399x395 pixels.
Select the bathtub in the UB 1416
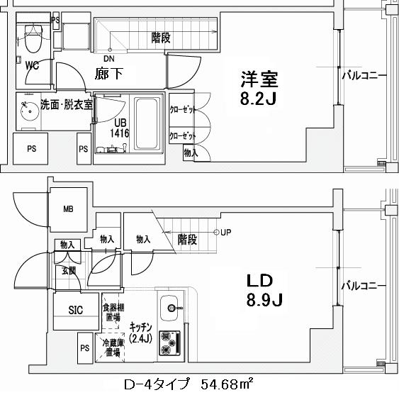click(x=147, y=123)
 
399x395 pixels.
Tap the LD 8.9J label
click(x=265, y=290)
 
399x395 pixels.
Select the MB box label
click(x=68, y=209)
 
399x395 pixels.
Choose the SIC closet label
click(x=76, y=310)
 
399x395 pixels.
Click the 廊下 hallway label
click(x=109, y=73)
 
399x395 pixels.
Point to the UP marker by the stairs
click(x=225, y=232)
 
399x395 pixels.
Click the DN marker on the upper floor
click(x=108, y=57)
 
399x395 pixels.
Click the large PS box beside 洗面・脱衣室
click(x=32, y=149)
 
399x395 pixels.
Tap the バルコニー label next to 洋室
click(x=364, y=74)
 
